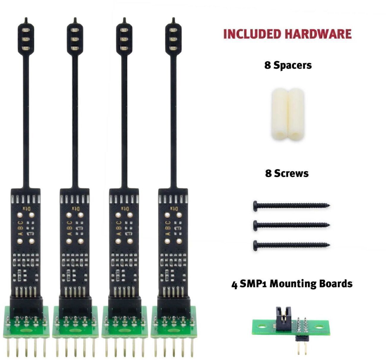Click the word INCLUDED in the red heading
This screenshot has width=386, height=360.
[x=252, y=34]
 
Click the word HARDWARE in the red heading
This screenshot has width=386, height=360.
[x=318, y=34]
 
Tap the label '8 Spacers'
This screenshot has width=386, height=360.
[x=288, y=65]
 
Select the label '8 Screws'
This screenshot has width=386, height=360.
[x=287, y=173]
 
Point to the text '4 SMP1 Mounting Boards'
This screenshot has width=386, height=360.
[x=292, y=284]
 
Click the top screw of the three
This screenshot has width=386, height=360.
[x=291, y=205]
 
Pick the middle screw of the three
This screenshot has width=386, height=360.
[x=291, y=224]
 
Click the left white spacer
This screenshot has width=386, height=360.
[x=279, y=114]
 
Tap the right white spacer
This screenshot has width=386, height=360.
[x=296, y=114]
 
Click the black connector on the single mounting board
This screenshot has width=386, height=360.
[x=283, y=316]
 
